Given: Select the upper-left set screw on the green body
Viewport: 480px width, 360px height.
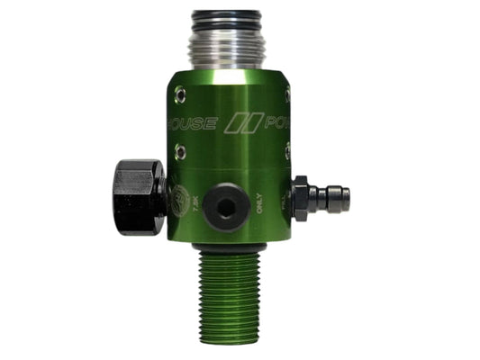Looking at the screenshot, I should coord(180,91).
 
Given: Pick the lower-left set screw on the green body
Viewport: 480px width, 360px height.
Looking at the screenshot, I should coord(180,152).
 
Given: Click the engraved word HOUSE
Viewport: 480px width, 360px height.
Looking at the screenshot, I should coord(190,123).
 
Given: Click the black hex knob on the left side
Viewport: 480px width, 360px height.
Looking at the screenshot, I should coord(139,195).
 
